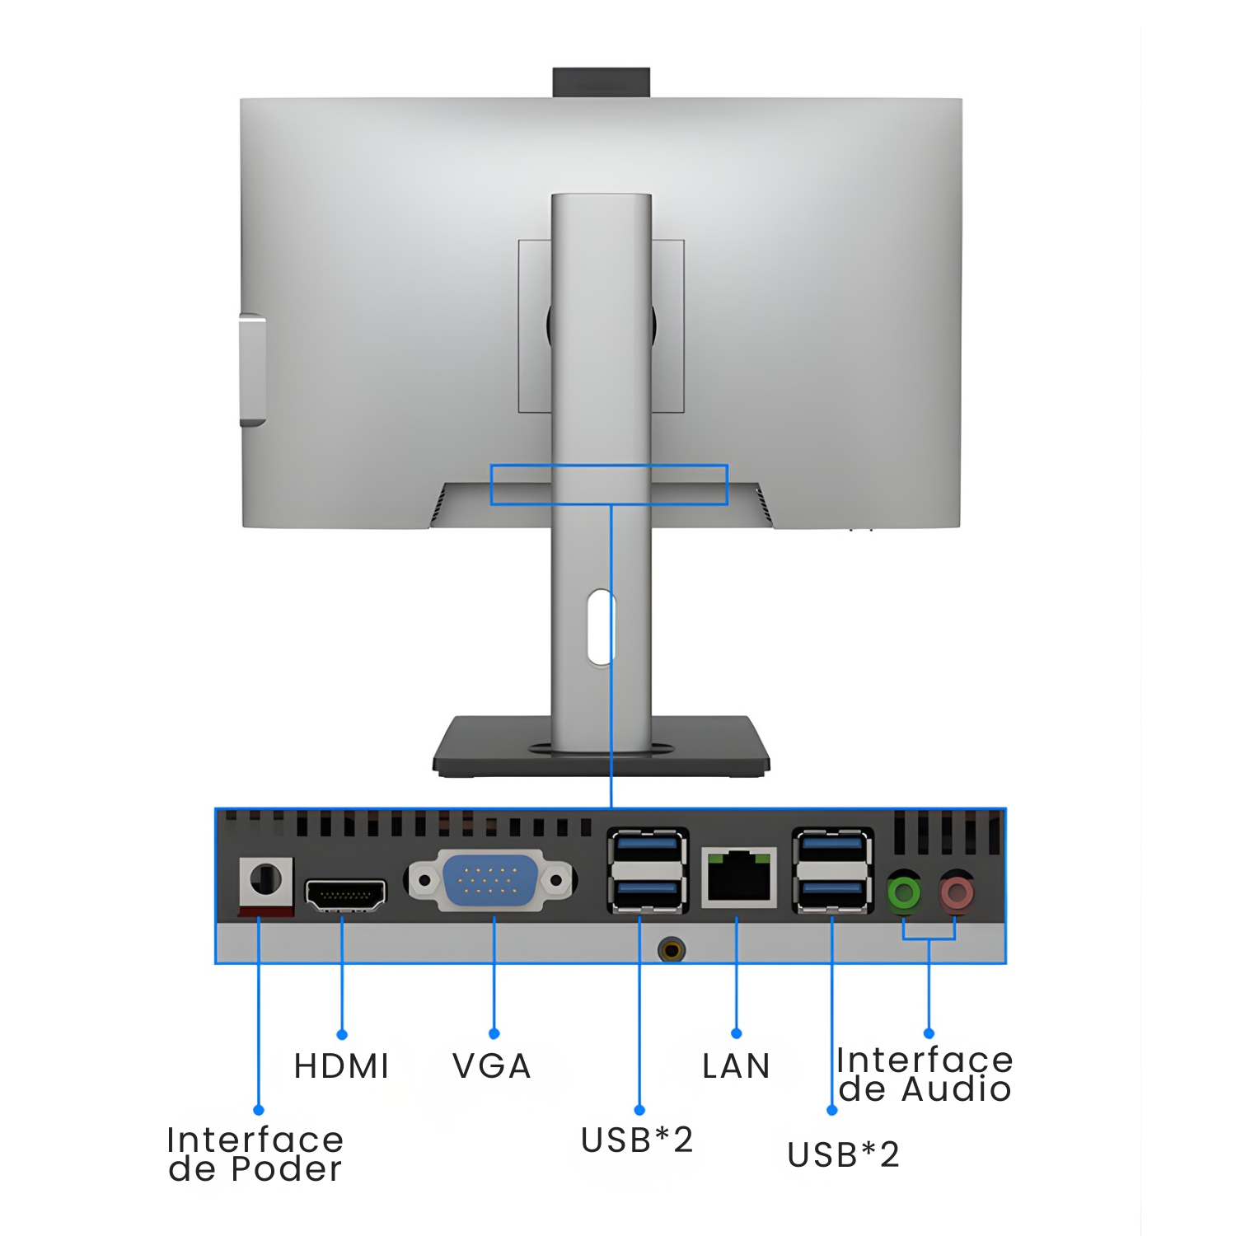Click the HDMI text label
tap(341, 1066)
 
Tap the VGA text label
tap(492, 1066)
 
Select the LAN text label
tap(736, 1066)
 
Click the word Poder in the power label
tap(286, 1169)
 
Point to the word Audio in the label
tap(956, 1089)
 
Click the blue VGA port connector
tap(492, 880)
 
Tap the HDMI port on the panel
tap(345, 895)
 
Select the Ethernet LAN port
tap(739, 878)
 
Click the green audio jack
tap(904, 892)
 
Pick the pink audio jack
tap(956, 892)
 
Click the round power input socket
tap(265, 880)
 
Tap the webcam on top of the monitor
tap(602, 82)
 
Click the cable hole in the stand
tap(601, 627)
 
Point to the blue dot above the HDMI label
tap(342, 1034)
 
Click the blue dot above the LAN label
tap(737, 1033)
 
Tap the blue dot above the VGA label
tap(494, 1033)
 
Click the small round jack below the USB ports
tap(672, 950)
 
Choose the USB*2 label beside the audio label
tap(843, 1155)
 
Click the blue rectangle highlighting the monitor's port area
tap(609, 485)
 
